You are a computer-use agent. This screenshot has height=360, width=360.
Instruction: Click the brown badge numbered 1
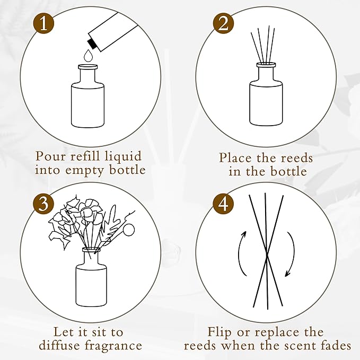tap(45, 25)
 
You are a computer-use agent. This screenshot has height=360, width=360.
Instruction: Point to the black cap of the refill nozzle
tap(91, 39)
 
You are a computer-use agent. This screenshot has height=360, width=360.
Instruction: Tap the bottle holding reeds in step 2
tap(266, 98)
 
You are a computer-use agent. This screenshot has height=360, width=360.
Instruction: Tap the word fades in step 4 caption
tap(335, 346)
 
